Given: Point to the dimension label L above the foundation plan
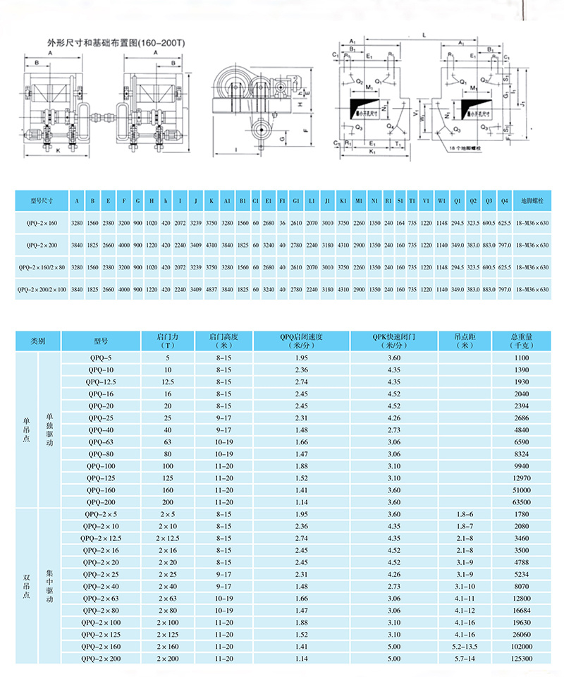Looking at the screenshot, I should pos(423,34).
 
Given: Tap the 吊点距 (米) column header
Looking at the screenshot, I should pos(465,341).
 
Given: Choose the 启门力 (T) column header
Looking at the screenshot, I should pos(168,341).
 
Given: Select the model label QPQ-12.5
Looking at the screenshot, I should pos(100,382).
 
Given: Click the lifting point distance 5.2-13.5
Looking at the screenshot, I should pos(465,646).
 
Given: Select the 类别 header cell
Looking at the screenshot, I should pos(37,341).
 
